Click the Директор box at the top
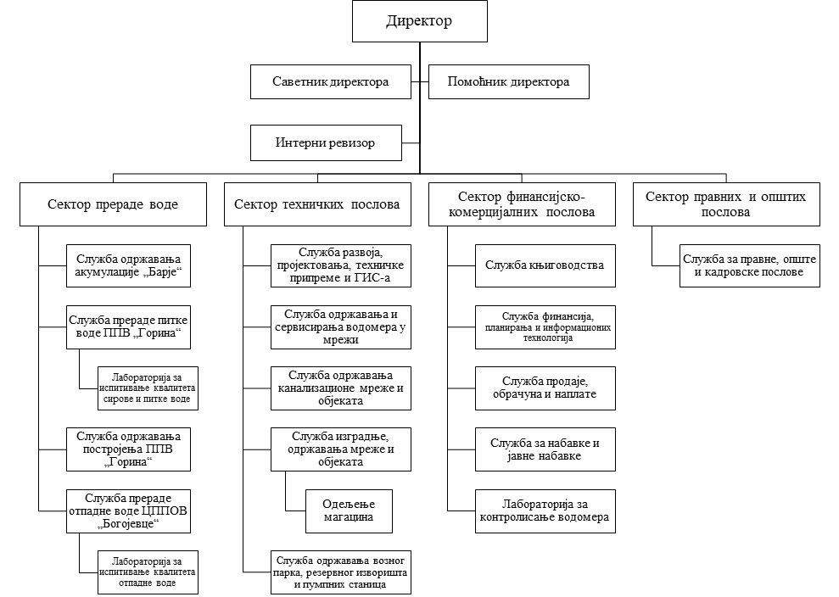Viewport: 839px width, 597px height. (x=419, y=21)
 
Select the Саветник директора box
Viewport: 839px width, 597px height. (x=331, y=82)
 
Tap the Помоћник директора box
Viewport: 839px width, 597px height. (x=509, y=82)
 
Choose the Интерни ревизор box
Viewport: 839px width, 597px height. (x=326, y=142)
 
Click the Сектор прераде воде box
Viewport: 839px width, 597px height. (x=113, y=204)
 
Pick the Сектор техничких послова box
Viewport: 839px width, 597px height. (x=317, y=204)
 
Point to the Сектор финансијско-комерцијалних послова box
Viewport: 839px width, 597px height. (x=522, y=204)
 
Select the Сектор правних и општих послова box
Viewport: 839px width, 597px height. (x=726, y=204)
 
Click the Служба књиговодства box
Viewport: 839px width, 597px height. (x=545, y=266)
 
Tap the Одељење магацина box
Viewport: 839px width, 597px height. (x=349, y=511)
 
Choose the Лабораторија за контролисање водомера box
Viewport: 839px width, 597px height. (x=545, y=511)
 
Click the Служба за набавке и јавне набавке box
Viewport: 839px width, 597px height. (x=545, y=449)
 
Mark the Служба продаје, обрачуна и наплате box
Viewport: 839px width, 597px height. (x=545, y=388)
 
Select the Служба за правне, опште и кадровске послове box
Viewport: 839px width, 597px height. (x=750, y=266)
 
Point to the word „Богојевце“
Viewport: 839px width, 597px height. (x=128, y=524)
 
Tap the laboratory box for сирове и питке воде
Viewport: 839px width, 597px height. (x=148, y=388)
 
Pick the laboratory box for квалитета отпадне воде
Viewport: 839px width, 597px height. (x=148, y=572)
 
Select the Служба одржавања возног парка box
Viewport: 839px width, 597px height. (x=341, y=572)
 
